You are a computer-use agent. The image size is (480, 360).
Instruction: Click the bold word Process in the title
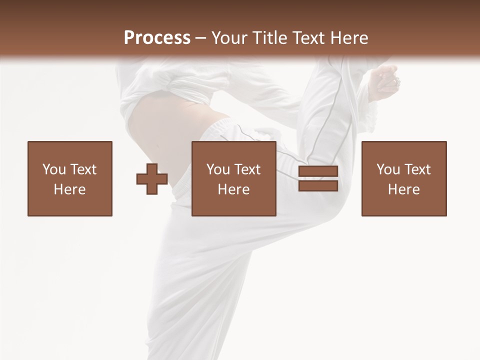point(157,38)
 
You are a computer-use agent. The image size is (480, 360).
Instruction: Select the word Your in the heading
point(228,38)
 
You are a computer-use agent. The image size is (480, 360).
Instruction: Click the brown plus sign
point(152,179)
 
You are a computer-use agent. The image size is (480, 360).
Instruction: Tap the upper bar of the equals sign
point(318,171)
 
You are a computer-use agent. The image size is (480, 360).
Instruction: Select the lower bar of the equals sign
point(318,185)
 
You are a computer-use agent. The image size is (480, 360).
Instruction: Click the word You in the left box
point(54,169)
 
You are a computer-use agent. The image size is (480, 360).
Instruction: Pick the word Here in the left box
point(69,189)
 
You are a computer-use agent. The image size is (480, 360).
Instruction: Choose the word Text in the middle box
point(247,169)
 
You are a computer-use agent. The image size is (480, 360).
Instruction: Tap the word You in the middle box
point(218,169)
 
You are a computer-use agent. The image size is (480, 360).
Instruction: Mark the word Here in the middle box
point(233,189)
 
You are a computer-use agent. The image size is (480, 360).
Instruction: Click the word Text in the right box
point(417,169)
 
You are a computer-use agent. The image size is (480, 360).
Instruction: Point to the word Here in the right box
point(403,189)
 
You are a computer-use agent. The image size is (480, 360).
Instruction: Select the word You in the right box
point(388,169)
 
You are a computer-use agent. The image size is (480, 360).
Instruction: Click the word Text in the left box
point(83,169)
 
